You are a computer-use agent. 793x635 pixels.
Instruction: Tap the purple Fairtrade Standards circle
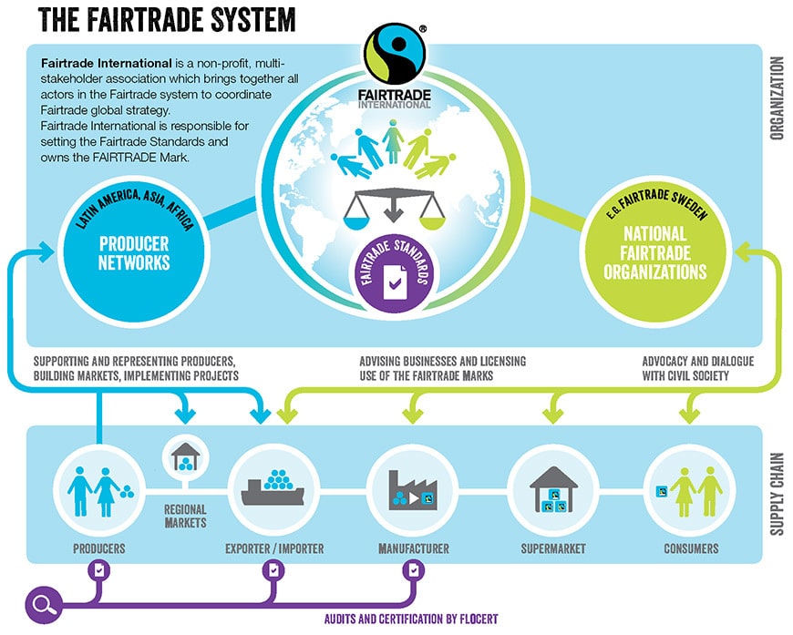click(x=392, y=270)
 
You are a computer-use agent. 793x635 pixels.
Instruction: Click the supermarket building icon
click(x=553, y=486)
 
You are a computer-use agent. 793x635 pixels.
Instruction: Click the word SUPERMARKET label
click(x=552, y=548)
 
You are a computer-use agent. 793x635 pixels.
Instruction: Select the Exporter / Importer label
click(x=274, y=548)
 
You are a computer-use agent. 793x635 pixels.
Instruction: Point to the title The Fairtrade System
click(x=167, y=19)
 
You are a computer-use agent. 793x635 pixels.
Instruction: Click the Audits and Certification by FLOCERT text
click(x=411, y=619)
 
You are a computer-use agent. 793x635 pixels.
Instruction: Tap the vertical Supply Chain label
click(x=778, y=493)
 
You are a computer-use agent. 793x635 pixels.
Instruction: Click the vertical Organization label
click(x=777, y=99)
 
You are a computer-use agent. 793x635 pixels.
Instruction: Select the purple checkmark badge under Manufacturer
click(x=415, y=570)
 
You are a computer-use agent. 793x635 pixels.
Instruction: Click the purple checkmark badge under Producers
click(x=99, y=570)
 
